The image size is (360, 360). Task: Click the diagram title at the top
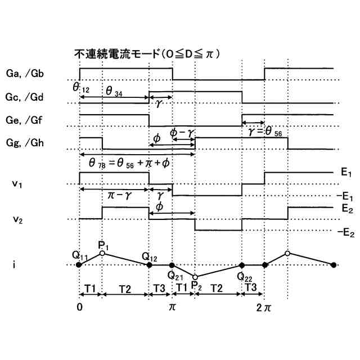pyautogui.click(x=147, y=55)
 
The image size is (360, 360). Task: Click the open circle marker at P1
pyautogui.click(x=102, y=253)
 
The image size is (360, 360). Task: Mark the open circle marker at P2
pyautogui.click(x=195, y=277)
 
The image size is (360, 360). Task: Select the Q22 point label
pyautogui.click(x=244, y=276)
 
